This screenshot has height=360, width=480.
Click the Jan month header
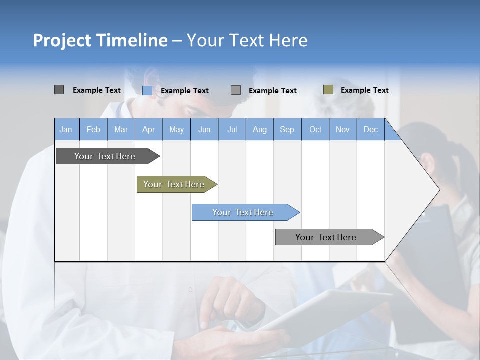66,129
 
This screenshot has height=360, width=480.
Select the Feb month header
93,129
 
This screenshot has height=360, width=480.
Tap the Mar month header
121,129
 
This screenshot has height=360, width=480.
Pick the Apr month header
149,129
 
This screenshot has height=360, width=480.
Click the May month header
176,129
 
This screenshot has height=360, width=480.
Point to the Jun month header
204,129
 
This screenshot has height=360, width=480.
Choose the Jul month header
232,129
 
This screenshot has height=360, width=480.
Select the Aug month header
260,129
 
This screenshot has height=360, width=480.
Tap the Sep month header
287,129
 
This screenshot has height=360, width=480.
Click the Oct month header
315,129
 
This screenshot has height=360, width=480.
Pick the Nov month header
343,129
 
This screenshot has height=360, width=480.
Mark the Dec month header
371,129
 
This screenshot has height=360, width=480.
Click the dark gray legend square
59,90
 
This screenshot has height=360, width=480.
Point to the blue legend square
147,90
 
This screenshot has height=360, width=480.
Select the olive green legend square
328,90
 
